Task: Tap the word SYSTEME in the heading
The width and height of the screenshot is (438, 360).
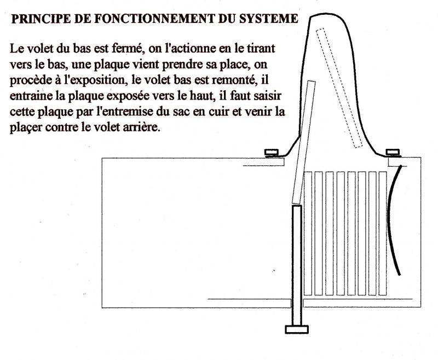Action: click(269, 19)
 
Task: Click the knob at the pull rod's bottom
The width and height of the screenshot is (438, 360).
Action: click(297, 329)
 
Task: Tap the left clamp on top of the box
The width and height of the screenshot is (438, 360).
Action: click(272, 153)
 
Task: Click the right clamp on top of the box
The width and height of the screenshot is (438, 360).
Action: click(393, 153)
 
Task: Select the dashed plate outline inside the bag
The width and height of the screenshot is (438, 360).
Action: click(339, 88)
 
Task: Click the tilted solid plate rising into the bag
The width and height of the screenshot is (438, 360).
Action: click(304, 142)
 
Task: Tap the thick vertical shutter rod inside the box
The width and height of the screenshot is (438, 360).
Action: click(297, 266)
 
